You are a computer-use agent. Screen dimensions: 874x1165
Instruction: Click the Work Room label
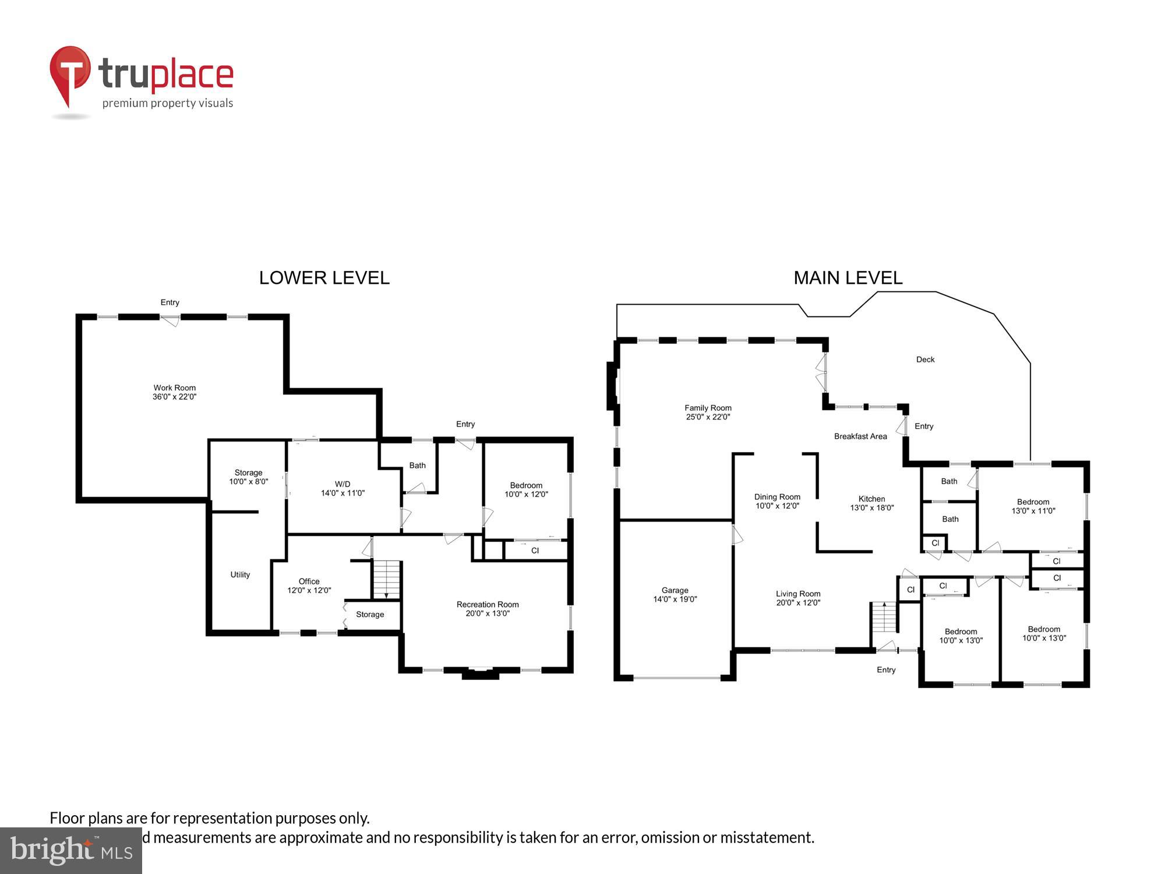[x=174, y=392]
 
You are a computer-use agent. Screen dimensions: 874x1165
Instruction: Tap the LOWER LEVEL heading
[x=324, y=278]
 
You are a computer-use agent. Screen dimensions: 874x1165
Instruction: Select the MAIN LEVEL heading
[x=848, y=278]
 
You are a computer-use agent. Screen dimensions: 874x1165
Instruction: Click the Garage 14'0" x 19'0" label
[x=675, y=594]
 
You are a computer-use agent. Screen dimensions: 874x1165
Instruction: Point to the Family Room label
[x=708, y=412]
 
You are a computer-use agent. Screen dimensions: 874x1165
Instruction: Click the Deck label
[x=925, y=360]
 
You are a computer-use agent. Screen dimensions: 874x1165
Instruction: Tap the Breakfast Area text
[x=860, y=436]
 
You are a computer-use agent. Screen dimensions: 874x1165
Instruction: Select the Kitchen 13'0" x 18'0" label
[x=871, y=503]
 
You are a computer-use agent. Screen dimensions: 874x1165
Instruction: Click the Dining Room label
[x=777, y=501]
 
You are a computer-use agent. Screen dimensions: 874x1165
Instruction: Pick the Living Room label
[x=797, y=598]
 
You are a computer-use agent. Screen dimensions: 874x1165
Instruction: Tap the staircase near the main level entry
[x=884, y=618]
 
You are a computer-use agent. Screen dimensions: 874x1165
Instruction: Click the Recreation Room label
[x=488, y=608]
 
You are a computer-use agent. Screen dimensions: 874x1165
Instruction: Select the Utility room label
[x=240, y=575]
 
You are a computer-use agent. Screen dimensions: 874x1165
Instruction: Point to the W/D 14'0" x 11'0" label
[x=343, y=488]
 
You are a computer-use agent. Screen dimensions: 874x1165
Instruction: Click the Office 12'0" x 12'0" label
[x=309, y=586]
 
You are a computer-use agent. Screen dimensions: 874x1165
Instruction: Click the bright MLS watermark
[x=70, y=851]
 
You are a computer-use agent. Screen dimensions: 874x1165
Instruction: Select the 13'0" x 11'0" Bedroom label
[x=1033, y=506]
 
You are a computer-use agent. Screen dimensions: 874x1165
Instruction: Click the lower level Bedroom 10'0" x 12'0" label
[x=526, y=489]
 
